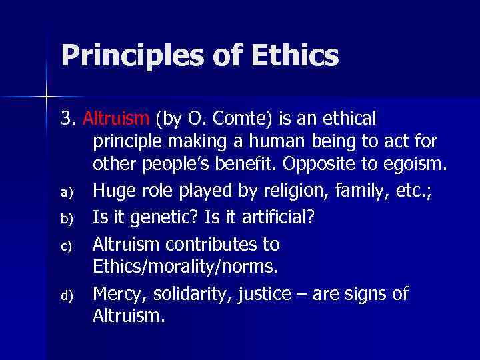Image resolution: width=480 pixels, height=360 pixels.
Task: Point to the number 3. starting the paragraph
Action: (x=69, y=119)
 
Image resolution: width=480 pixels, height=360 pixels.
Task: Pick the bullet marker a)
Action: (x=65, y=192)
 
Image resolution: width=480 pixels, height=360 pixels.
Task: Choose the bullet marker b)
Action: (x=65, y=217)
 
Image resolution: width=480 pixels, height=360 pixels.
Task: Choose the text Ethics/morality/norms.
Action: (x=186, y=267)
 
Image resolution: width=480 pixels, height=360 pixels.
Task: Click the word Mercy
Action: (x=116, y=294)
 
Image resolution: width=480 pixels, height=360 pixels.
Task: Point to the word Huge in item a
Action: (x=112, y=192)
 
